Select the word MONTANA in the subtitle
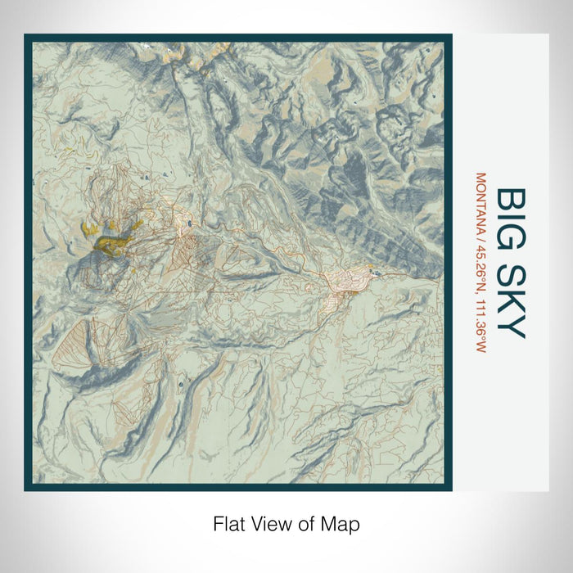(481, 201)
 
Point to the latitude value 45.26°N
(481, 264)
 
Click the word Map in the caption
(344, 522)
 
